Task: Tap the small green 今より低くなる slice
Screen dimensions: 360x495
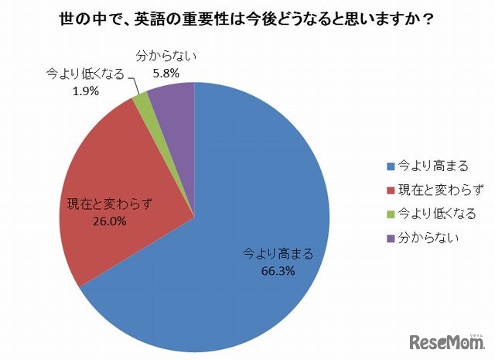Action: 141,98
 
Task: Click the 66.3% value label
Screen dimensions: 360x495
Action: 278,273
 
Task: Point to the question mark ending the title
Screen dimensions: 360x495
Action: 428,19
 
